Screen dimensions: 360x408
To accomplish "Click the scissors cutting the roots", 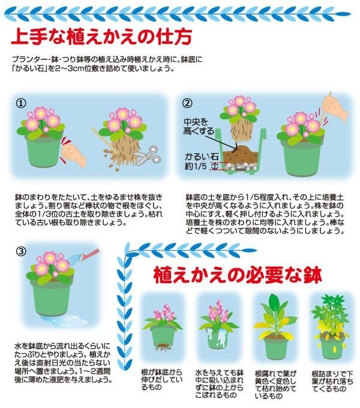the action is [148, 155].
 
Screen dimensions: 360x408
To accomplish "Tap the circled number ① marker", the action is [22, 103].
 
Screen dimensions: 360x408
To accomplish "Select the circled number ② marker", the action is [187, 103].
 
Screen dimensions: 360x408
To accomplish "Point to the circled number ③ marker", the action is [22, 251].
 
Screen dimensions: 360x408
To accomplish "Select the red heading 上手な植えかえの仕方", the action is [101, 37].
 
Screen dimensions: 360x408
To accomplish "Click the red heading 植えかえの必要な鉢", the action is [238, 275].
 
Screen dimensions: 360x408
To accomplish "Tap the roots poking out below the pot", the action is [163, 347].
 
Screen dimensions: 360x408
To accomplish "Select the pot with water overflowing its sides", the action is [218, 338].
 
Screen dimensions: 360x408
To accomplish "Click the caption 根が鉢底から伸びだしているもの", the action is [161, 380].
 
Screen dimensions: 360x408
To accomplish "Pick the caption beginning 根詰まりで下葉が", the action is [332, 382].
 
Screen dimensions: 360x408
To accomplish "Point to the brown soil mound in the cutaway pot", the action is [241, 155].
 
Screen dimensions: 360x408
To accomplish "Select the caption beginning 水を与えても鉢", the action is [219, 384].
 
